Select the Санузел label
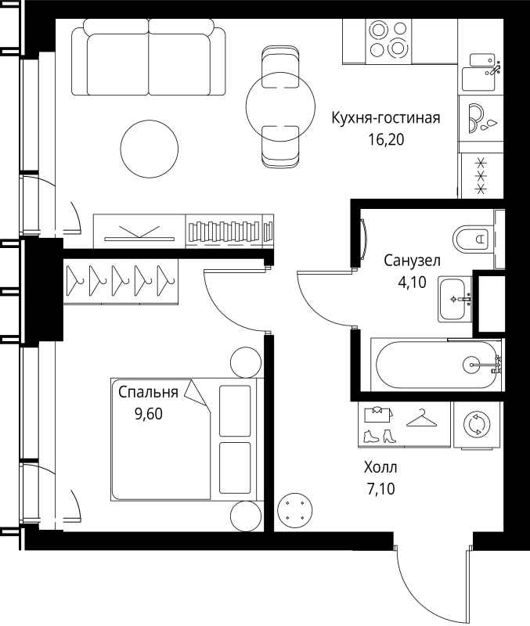click(x=413, y=261)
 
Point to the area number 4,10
click(x=413, y=282)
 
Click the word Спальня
click(x=149, y=393)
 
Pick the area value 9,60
click(x=149, y=415)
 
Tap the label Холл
click(x=380, y=469)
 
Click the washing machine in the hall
click(x=475, y=425)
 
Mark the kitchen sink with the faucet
click(x=482, y=70)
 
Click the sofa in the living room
click(x=148, y=56)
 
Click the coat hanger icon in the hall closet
click(x=423, y=420)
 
